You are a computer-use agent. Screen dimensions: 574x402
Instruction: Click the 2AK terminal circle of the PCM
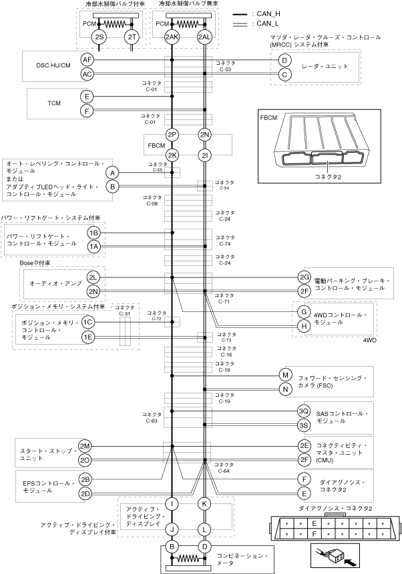pyautogui.click(x=172, y=37)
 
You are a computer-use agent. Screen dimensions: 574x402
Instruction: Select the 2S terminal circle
pyautogui.click(x=99, y=37)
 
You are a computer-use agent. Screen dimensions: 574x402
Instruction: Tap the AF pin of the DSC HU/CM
pyautogui.click(x=87, y=59)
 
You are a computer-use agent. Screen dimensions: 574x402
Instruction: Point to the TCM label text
pyautogui.click(x=54, y=103)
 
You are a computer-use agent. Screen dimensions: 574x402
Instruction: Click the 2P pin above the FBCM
pyautogui.click(x=172, y=135)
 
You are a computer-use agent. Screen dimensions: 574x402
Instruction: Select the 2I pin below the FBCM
pyautogui.click(x=204, y=155)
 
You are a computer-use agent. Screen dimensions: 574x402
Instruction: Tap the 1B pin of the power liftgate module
pyautogui.click(x=94, y=233)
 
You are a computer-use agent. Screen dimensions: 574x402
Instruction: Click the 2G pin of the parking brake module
pyautogui.click(x=304, y=277)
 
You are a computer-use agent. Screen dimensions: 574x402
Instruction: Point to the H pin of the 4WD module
pyautogui.click(x=304, y=326)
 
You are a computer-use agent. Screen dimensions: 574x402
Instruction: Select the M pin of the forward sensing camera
pyautogui.click(x=285, y=375)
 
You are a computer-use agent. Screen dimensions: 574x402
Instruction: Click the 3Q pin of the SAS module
pyautogui.click(x=304, y=411)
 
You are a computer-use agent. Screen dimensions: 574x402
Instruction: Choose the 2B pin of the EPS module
pyautogui.click(x=85, y=479)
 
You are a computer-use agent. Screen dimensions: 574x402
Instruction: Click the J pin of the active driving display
pyautogui.click(x=172, y=529)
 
